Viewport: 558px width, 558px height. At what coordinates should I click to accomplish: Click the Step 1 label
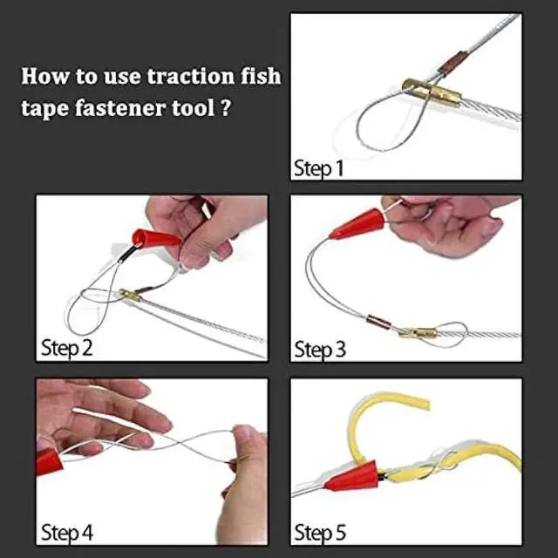pos(319,167)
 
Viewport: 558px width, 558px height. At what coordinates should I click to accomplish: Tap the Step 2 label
pos(67,350)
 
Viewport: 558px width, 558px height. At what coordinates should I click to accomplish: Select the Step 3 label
pos(320,350)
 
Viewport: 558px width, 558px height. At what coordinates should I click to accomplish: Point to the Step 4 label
pos(67,532)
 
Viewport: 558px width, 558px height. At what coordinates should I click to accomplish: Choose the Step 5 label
pos(320,532)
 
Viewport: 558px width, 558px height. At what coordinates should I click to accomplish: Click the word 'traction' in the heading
pos(181,77)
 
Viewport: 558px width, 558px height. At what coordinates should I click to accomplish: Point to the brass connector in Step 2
pos(129,296)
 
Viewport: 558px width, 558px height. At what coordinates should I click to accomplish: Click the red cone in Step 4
pos(51,460)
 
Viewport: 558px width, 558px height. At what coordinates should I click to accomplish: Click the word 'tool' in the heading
pos(201,111)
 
